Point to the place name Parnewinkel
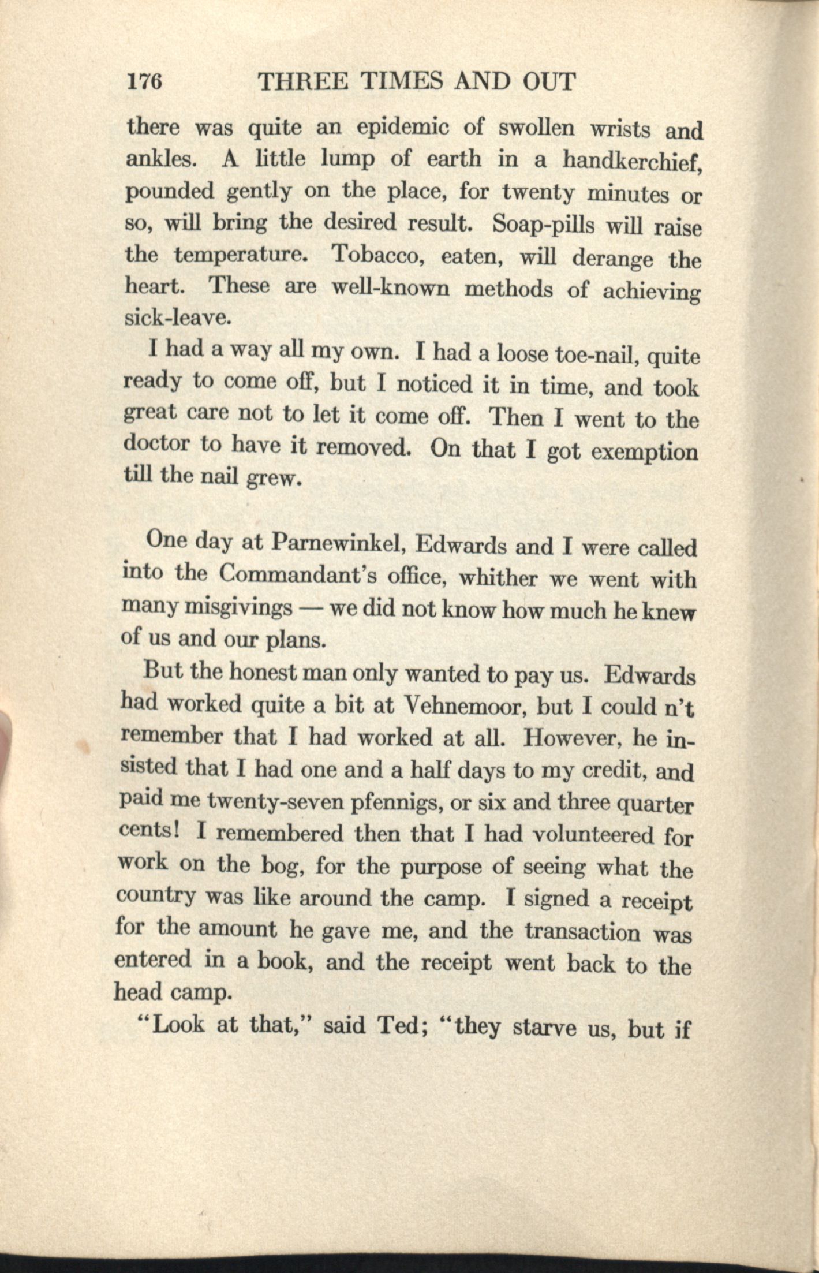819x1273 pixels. pyautogui.click(x=338, y=543)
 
